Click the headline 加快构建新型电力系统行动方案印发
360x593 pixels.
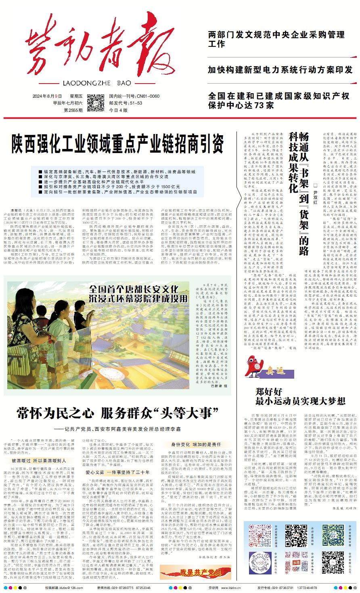click(280, 69)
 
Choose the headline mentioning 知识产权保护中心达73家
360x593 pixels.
click(278, 101)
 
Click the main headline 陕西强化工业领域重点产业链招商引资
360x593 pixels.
click(117, 142)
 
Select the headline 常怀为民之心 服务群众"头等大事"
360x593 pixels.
click(117, 413)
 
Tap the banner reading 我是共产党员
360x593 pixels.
click(197, 572)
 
